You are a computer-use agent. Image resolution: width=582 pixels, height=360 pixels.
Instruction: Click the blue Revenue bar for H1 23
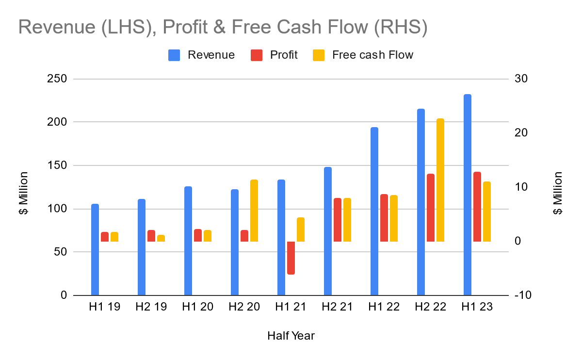point(468,195)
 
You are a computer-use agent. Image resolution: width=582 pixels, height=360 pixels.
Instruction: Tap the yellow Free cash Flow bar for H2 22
point(440,180)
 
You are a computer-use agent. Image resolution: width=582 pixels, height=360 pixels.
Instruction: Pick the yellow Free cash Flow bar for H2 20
point(254,211)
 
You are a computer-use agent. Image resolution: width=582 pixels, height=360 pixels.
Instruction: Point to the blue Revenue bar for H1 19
point(95,249)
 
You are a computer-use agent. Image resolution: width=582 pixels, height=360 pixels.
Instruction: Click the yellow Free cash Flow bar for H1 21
point(301,229)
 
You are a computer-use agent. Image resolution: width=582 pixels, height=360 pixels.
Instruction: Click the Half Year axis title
point(291,336)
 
